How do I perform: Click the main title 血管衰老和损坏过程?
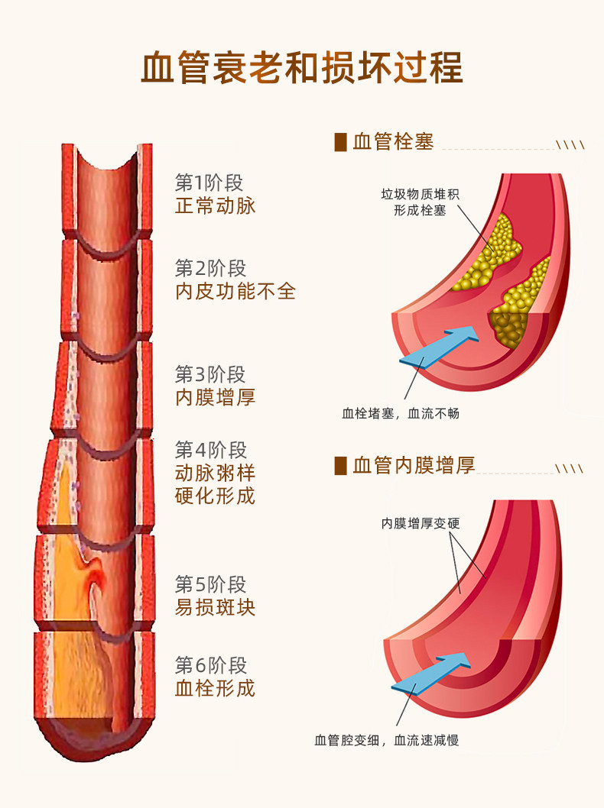tap(302, 68)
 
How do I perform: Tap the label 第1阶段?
tap(209, 183)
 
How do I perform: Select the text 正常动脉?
tap(215, 206)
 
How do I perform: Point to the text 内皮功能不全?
tap(235, 291)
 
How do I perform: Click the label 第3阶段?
tap(209, 374)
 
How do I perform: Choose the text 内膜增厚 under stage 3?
tap(215, 397)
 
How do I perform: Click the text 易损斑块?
tap(215, 608)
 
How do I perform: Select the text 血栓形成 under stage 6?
tap(215, 688)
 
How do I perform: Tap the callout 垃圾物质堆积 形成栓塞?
tap(420, 202)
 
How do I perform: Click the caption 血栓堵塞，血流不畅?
tap(401, 413)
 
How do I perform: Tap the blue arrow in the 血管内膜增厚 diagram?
tap(430, 671)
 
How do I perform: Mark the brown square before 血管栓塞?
tap(341, 142)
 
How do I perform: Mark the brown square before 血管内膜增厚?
tap(341, 465)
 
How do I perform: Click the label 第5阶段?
tap(209, 585)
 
